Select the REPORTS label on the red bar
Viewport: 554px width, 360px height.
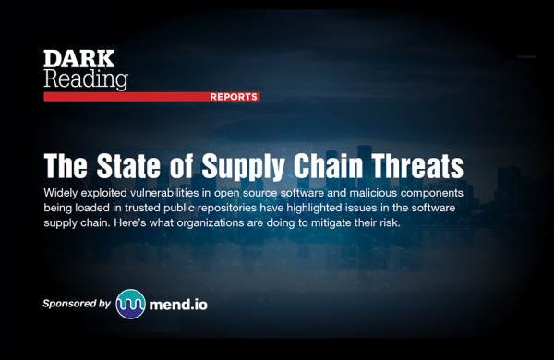point(234,97)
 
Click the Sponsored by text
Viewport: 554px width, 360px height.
point(76,303)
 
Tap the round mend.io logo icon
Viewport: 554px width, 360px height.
point(131,304)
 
